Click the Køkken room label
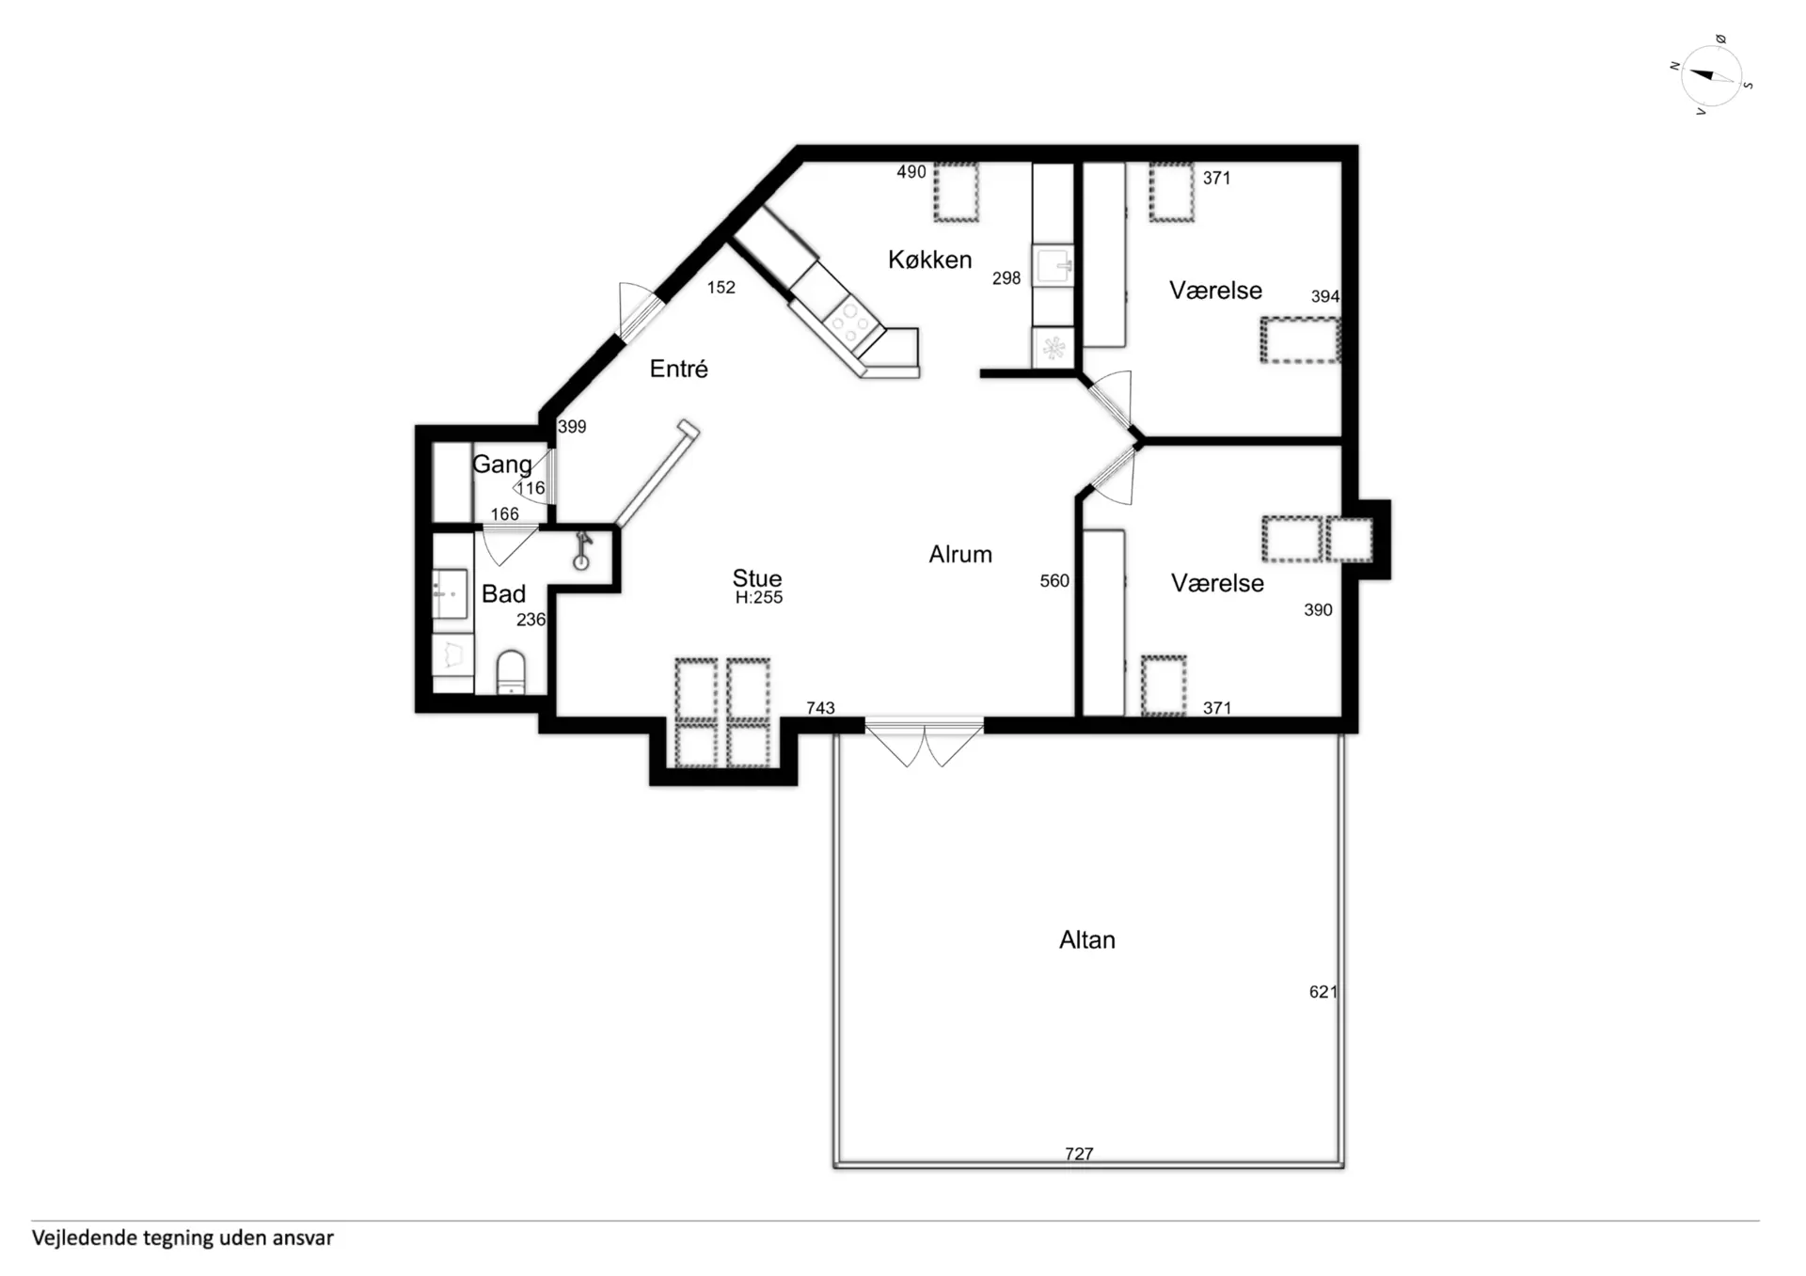929,260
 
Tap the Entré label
678,369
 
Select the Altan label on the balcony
1087,939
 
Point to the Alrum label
960,554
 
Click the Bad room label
503,593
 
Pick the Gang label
501,465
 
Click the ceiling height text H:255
758,597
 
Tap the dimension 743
820,707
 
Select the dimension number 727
1079,1153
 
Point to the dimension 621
1323,991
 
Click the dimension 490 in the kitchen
911,172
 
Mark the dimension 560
1054,581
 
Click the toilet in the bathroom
510,671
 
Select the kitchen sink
1053,265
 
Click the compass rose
1711,75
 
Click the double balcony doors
924,743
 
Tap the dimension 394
1324,296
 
